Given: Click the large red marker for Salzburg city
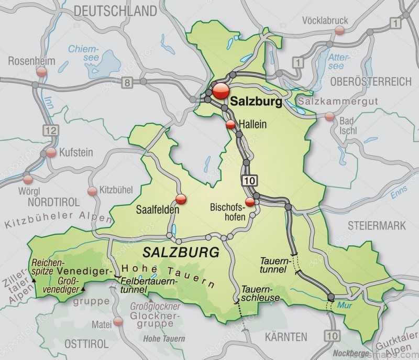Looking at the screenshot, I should (x=220, y=90).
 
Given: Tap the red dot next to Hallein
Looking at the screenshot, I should (x=230, y=124).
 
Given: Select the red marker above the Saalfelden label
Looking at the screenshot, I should (x=181, y=199).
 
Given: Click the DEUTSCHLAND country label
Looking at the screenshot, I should (x=115, y=10).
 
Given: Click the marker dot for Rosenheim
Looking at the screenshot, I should (x=40, y=72).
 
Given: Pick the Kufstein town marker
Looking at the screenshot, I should (x=51, y=152).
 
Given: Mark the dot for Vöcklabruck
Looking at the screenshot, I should (x=340, y=30).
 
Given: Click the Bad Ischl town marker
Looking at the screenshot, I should (x=329, y=117).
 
